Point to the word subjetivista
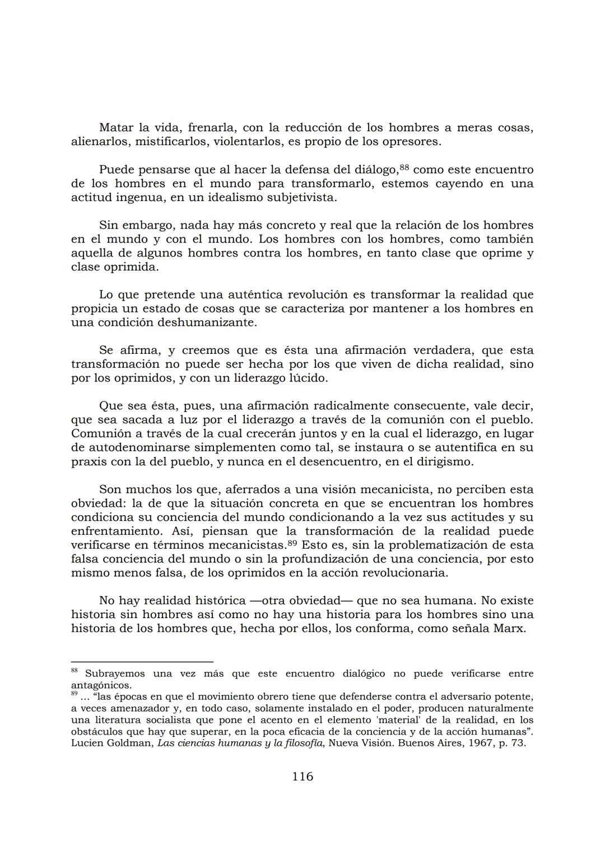[302, 198]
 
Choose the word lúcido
[308, 379]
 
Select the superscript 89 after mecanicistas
[292, 543]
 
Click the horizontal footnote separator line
[142, 661]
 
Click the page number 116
[302, 777]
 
